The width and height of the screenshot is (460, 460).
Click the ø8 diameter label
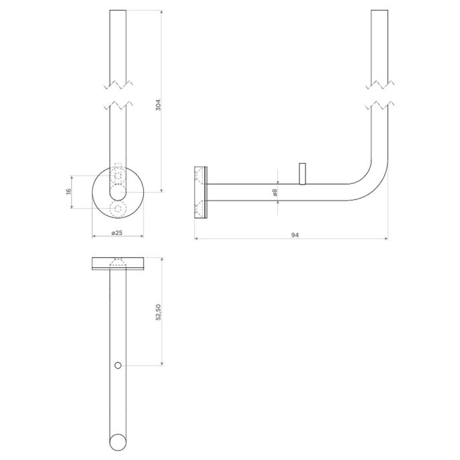(275, 192)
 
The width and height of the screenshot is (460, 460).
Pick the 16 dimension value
(68, 192)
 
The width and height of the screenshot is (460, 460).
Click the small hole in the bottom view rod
(118, 365)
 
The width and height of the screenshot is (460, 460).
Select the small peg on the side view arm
(302, 173)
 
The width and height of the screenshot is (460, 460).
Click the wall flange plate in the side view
(201, 193)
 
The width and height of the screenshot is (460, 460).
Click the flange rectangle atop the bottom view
(118, 263)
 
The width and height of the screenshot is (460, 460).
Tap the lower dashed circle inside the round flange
(118, 210)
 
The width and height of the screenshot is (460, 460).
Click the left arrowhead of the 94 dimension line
(196, 238)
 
